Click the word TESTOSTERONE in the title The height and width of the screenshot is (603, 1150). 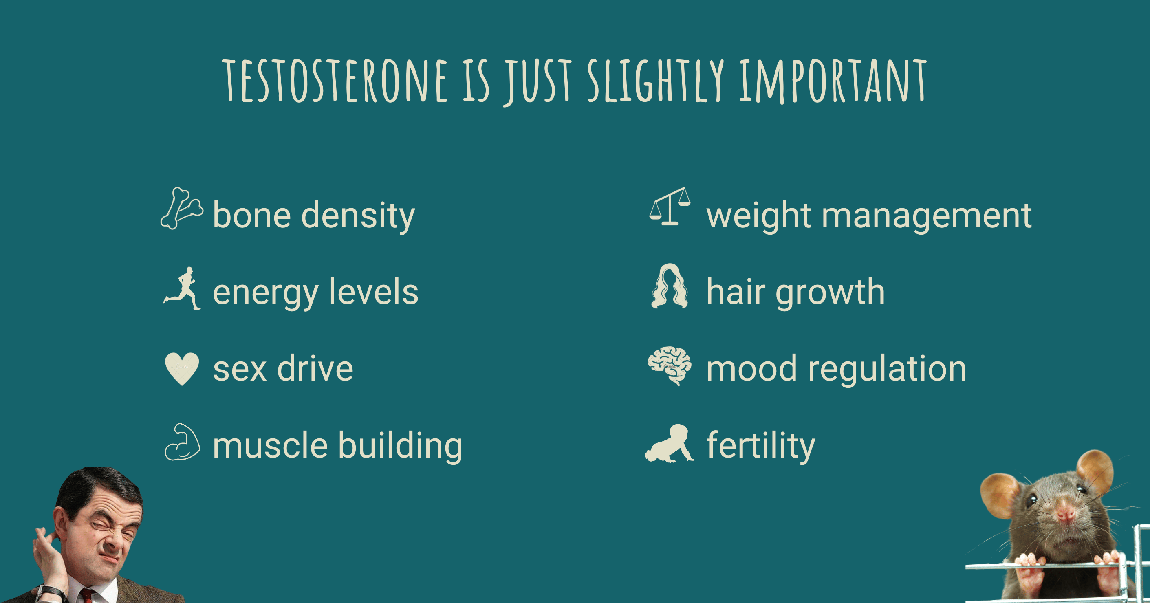335,81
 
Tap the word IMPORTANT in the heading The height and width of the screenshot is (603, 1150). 833,81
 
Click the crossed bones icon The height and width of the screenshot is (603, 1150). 182,209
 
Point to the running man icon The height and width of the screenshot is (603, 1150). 182,288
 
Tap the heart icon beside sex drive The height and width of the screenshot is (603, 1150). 182,369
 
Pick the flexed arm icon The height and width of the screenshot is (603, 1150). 182,442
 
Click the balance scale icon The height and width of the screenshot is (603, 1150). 670,206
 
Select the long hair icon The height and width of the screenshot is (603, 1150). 669,286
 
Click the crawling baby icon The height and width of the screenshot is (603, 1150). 669,443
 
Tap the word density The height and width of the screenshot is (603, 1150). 358,216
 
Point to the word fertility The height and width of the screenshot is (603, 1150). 761,446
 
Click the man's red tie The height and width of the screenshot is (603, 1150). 88,596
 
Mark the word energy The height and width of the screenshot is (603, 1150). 266,294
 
